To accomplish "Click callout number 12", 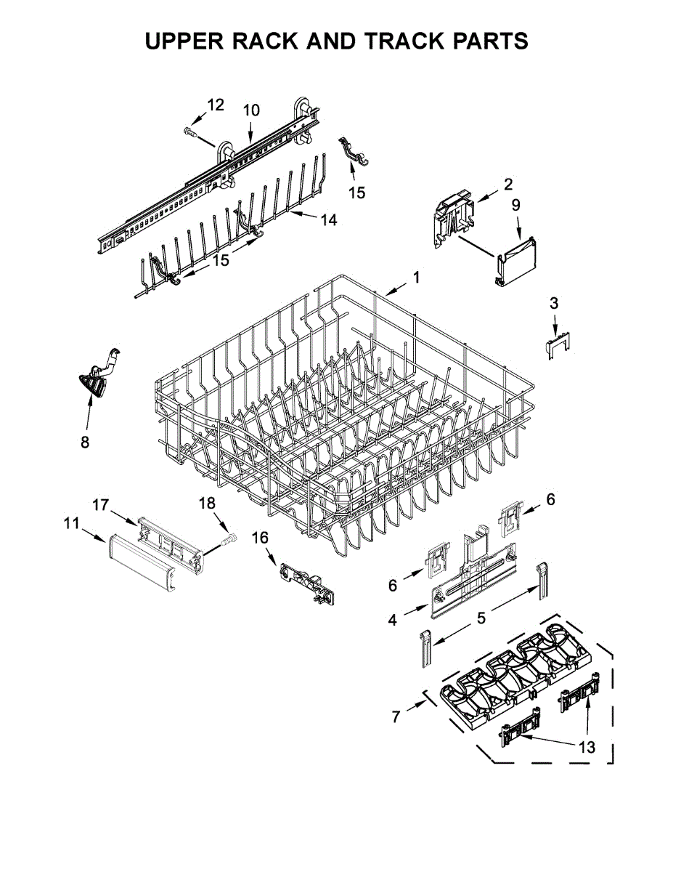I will (x=216, y=105).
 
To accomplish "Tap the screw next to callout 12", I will (x=190, y=132).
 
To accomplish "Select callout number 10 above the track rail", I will (x=250, y=110).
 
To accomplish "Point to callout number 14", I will (x=329, y=219).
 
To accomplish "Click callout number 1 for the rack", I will (x=416, y=277).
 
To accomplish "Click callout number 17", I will (x=99, y=503).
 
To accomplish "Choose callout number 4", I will (x=392, y=620).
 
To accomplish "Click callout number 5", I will (x=481, y=618).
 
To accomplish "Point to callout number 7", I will (x=396, y=716).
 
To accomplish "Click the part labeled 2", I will (x=453, y=217).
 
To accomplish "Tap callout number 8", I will (x=85, y=441).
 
